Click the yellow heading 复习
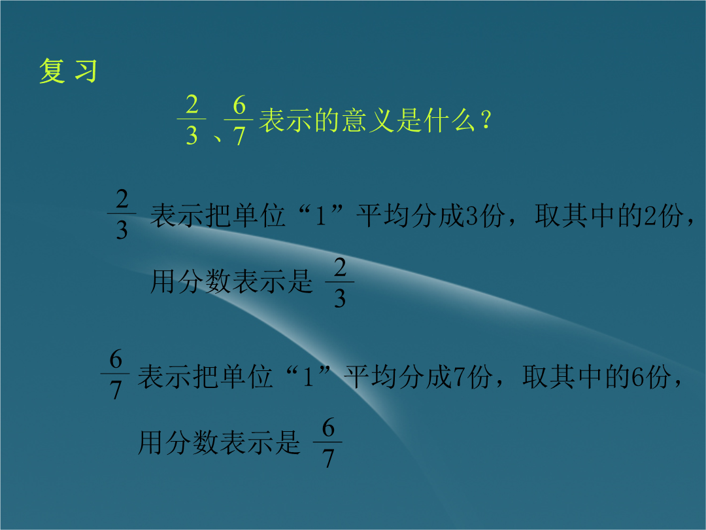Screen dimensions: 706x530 (x=69, y=71)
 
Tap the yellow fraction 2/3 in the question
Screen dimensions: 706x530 (x=192, y=120)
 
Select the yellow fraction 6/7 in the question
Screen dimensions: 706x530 (x=239, y=120)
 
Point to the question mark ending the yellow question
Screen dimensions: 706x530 (x=485, y=120)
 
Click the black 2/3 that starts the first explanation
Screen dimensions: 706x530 (x=122, y=213)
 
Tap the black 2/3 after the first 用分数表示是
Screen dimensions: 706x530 (x=340, y=282)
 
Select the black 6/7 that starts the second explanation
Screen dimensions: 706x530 (x=116, y=374)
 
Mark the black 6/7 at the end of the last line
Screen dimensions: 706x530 (x=328, y=442)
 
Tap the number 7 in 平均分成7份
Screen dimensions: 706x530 (x=460, y=377)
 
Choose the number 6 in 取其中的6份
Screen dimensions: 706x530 (x=638, y=377)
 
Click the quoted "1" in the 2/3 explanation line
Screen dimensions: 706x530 (x=320, y=215)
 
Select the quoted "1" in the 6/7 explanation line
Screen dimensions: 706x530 (x=308, y=376)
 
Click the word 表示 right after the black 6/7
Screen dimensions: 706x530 (x=164, y=376)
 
